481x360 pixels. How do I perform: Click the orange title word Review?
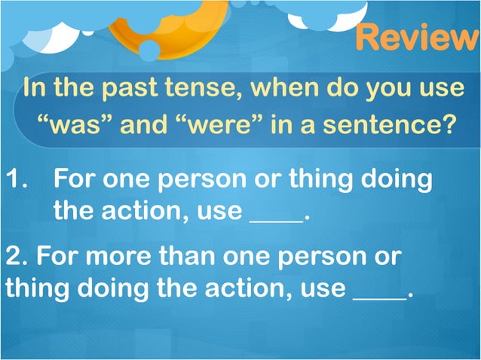[416, 38]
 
